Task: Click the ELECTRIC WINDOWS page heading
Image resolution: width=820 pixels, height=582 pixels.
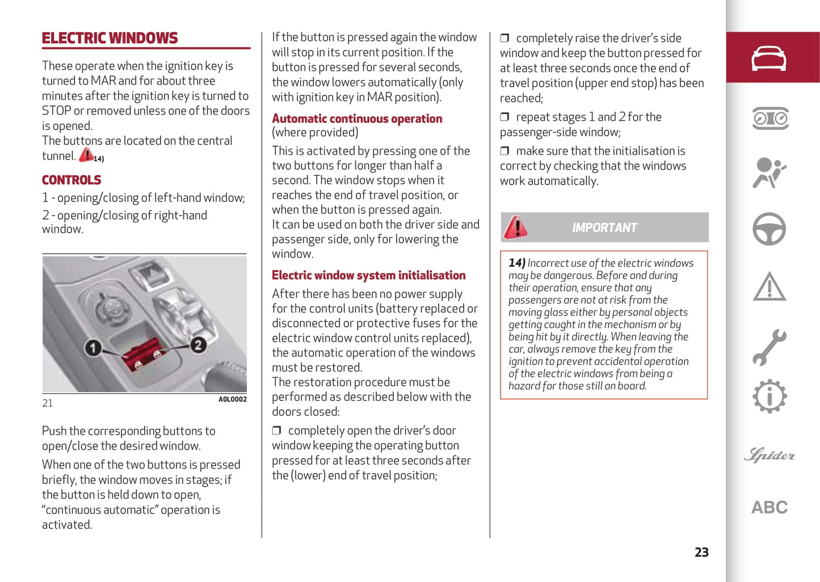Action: pos(110,38)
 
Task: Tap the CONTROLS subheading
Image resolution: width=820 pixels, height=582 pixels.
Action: pos(72,180)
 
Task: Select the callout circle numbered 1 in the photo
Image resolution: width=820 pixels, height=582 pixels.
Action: pos(93,347)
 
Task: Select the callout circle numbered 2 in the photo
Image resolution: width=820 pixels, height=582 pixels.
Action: pos(197,344)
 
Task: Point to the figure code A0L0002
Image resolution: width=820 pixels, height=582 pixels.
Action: pos(233,399)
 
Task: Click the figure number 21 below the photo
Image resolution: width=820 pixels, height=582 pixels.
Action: pos(48,403)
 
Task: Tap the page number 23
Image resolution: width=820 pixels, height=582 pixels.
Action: pos(701,552)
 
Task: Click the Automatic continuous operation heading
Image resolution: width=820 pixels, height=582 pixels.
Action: pos(357,119)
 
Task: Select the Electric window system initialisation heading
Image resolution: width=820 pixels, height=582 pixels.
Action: pos(368,275)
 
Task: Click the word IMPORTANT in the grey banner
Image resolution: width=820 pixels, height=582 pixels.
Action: pos(604,227)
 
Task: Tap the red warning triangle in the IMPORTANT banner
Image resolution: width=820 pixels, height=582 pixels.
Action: pos(516,227)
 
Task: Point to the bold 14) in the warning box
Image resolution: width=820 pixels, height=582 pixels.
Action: pos(516,263)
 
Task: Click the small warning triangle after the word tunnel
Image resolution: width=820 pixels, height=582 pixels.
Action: pos(86,154)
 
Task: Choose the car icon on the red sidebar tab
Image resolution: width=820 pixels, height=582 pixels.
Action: pos(769,58)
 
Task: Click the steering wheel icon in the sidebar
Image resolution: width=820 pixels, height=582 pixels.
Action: pos(769,229)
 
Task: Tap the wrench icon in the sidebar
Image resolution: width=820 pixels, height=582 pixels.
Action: pos(769,347)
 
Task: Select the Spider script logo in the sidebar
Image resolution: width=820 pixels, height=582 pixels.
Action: pos(769,455)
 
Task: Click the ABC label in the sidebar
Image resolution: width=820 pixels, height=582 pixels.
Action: pos(769,507)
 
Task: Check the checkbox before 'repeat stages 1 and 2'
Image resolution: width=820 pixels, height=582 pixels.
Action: pos(504,117)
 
